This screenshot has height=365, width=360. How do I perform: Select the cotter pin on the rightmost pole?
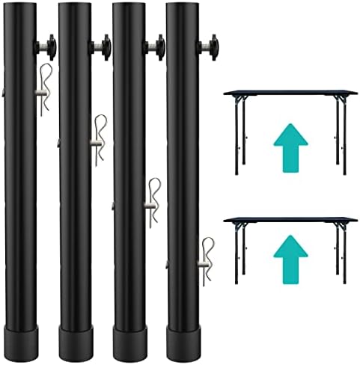[x=206, y=259]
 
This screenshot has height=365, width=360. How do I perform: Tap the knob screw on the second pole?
[x=100, y=48]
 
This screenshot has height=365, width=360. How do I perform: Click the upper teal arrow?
[x=290, y=147]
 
